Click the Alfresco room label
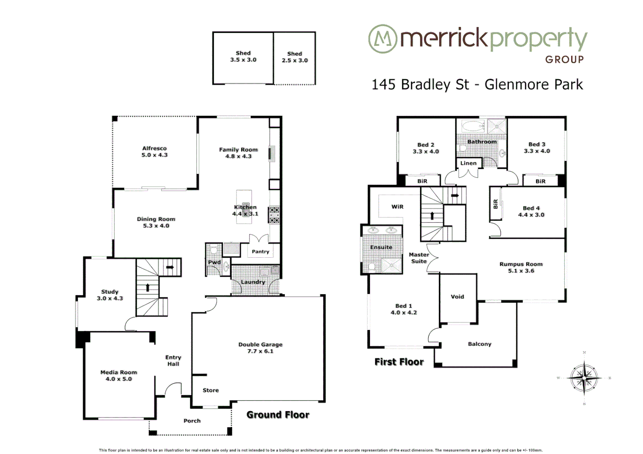pyautogui.click(x=154, y=148)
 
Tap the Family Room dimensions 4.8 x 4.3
pyautogui.click(x=238, y=156)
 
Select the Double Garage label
pyautogui.click(x=260, y=344)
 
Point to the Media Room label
pyautogui.click(x=119, y=372)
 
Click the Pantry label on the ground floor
pyautogui.click(x=260, y=251)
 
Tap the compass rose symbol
pyautogui.click(x=584, y=378)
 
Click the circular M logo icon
pyautogui.click(x=383, y=39)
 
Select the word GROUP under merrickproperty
pyautogui.click(x=564, y=60)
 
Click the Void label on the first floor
pyautogui.click(x=457, y=296)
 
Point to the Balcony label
pyautogui.click(x=479, y=344)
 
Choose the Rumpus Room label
pyautogui.click(x=521, y=264)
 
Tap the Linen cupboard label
pyautogui.click(x=468, y=163)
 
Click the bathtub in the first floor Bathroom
pyautogui.click(x=473, y=126)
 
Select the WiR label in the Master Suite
pyautogui.click(x=397, y=207)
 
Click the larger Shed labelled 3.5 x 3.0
pyautogui.click(x=243, y=57)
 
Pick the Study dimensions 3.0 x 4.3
pyautogui.click(x=110, y=298)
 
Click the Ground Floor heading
pyautogui.click(x=278, y=415)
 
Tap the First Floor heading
pyautogui.click(x=399, y=362)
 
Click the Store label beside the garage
pyautogui.click(x=210, y=390)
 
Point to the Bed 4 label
pyautogui.click(x=531, y=208)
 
